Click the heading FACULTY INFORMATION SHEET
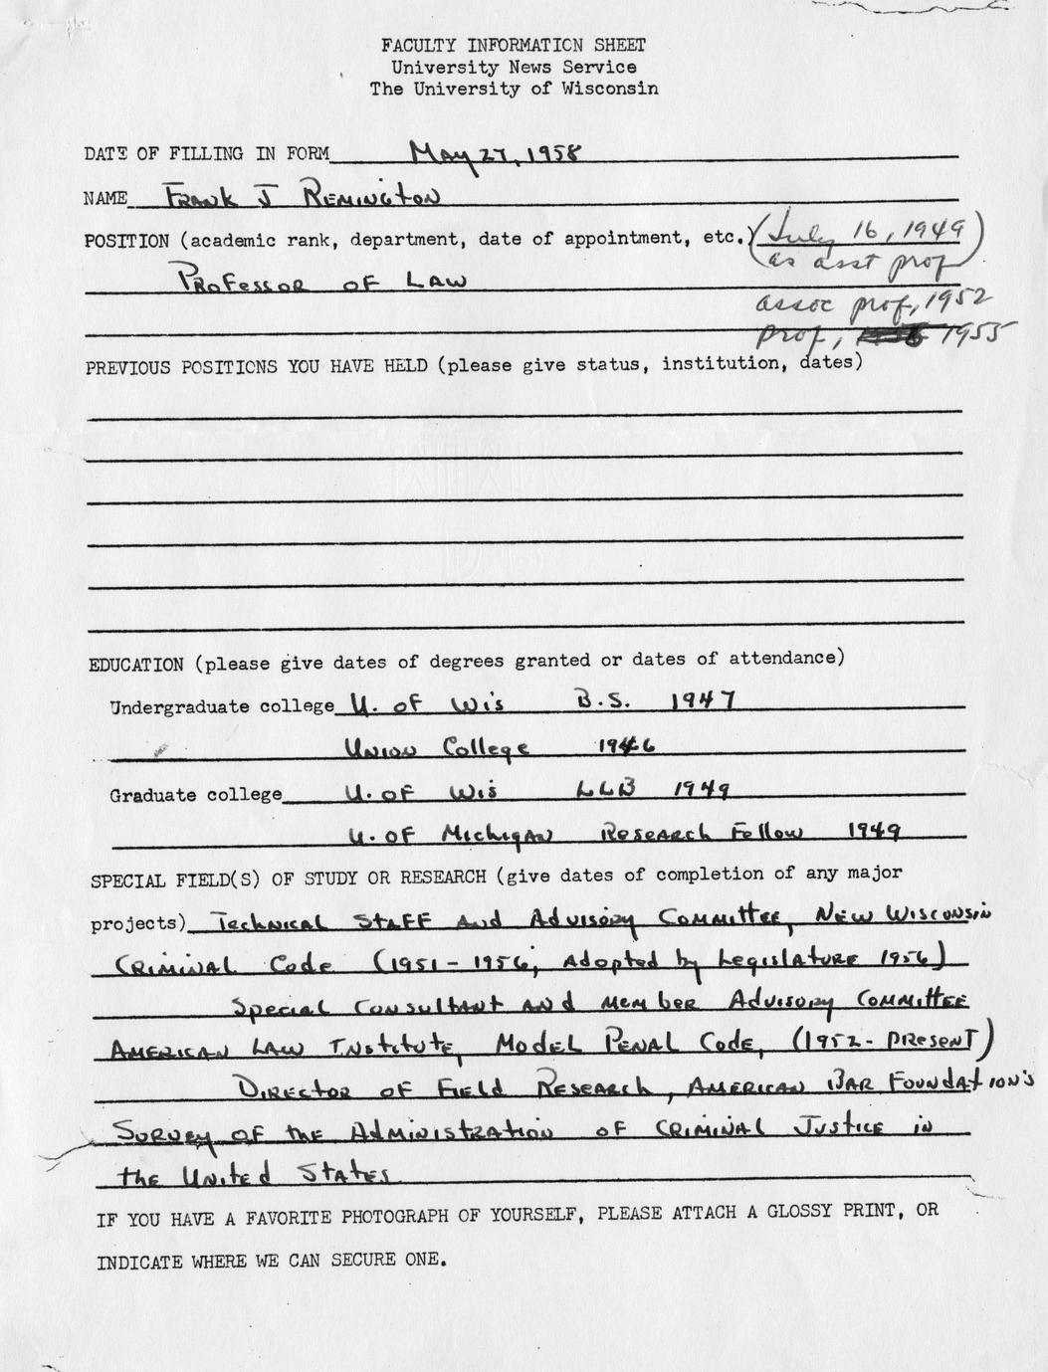click(x=513, y=45)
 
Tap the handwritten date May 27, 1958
click(x=496, y=153)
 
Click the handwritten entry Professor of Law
click(x=321, y=281)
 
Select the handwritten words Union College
click(x=435, y=747)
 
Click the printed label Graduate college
click(x=195, y=795)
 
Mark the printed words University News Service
click(x=513, y=67)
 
